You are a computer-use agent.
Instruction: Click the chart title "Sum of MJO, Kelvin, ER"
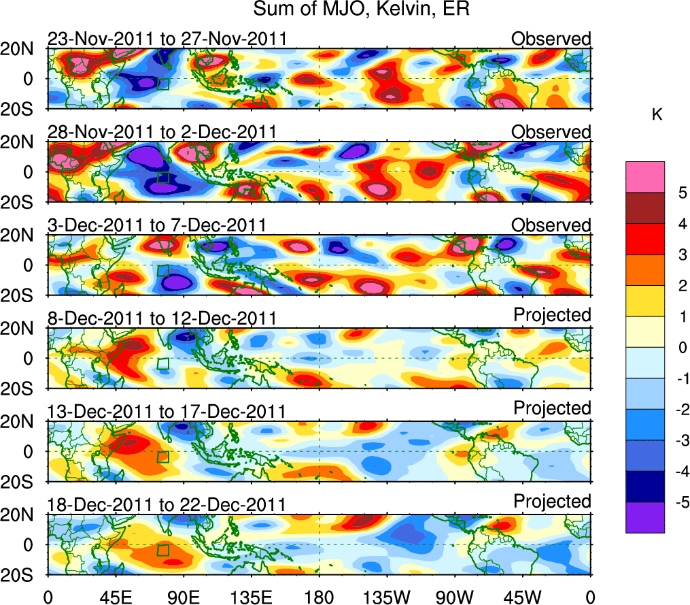(x=362, y=10)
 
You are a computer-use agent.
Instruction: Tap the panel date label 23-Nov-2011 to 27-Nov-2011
(x=167, y=39)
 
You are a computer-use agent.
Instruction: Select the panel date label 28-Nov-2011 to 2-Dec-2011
(x=162, y=131)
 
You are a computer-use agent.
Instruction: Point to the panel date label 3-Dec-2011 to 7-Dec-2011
(x=156, y=225)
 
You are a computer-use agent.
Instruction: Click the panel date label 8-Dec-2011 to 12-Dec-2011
(x=162, y=318)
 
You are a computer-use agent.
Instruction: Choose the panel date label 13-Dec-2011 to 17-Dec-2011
(x=167, y=411)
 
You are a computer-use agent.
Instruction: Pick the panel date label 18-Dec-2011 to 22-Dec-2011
(x=167, y=504)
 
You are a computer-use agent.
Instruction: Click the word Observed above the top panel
(x=551, y=39)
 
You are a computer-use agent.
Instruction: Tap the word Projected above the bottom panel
(x=552, y=501)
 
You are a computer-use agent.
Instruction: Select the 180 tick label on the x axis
(x=319, y=597)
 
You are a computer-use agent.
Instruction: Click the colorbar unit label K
(x=657, y=115)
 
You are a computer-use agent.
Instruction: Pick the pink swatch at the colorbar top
(x=644, y=177)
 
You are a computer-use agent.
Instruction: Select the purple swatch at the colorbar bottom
(x=644, y=517)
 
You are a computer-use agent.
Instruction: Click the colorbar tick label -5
(x=680, y=502)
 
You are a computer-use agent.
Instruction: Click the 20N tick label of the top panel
(x=24, y=48)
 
